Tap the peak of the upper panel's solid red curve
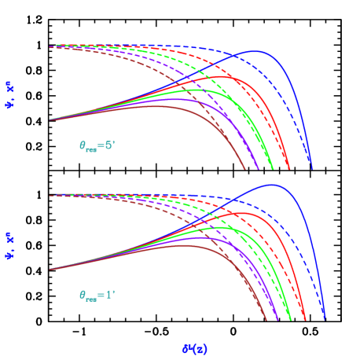pos(226,76)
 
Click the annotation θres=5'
pos(97,145)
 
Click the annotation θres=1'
pos(97,296)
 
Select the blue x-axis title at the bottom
pos(194,348)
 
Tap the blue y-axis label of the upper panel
pos(9,94)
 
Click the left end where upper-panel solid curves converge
pos(50,119)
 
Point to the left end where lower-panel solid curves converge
pos(50,270)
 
